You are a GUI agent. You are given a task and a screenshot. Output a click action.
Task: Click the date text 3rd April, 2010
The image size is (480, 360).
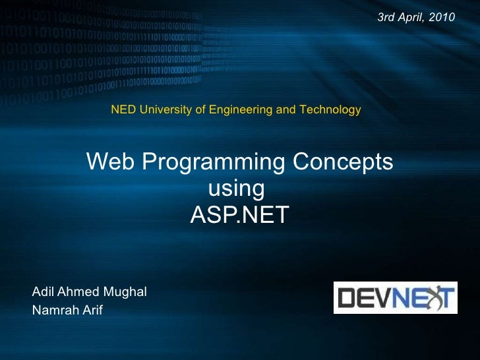pyautogui.click(x=415, y=16)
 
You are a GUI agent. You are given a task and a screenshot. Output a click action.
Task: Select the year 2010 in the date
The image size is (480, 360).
pyautogui.click(x=441, y=16)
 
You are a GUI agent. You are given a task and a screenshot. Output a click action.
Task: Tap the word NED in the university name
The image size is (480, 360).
pyautogui.click(x=122, y=109)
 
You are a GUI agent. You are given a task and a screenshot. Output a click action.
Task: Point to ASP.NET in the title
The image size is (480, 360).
pyautogui.click(x=239, y=215)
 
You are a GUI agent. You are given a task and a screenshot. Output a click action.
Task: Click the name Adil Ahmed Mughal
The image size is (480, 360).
pyautogui.click(x=89, y=291)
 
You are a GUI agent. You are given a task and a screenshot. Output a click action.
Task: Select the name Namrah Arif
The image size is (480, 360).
pyautogui.click(x=67, y=310)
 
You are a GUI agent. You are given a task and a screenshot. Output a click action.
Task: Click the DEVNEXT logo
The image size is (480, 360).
pyautogui.click(x=395, y=297)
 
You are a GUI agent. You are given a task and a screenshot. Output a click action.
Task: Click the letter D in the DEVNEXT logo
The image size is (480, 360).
pyautogui.click(x=347, y=297)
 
